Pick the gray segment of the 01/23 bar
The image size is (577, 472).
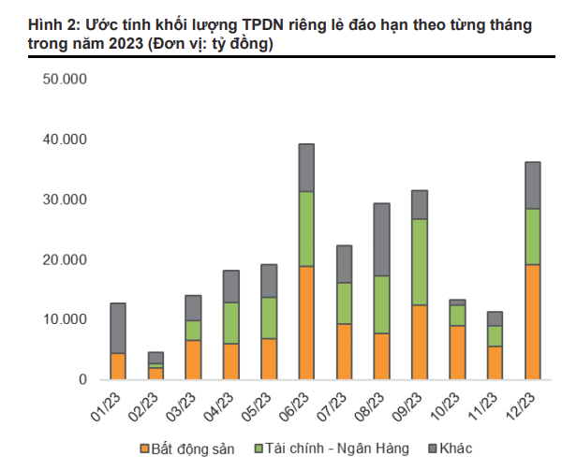pos(118,328)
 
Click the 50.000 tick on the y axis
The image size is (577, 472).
pos(65,81)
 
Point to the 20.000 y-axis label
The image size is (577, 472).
pos(65,259)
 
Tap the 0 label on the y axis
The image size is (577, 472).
pos(82,379)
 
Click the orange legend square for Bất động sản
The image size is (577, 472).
pos(143,450)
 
